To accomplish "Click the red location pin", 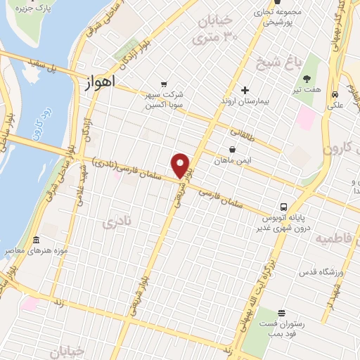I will click(x=181, y=165).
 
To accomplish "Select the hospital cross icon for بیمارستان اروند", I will click(x=245, y=90).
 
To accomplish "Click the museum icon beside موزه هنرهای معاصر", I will click(x=36, y=240).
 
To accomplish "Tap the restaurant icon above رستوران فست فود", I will click(x=281, y=313).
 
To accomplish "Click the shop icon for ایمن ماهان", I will click(x=233, y=149).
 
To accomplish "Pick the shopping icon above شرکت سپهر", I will click(x=164, y=83).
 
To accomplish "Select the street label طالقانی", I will click(x=244, y=131).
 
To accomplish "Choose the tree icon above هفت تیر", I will click(x=307, y=80).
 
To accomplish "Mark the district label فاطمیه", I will click(x=337, y=239).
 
